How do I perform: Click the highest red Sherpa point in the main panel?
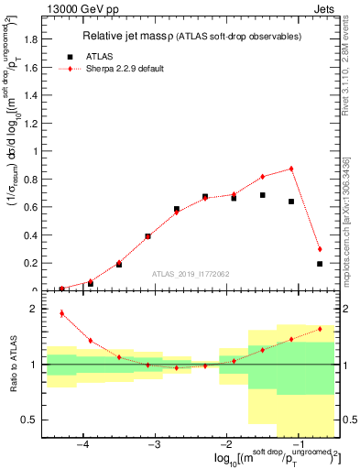291,169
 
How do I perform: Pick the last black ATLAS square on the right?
320,264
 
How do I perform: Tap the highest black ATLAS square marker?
263,195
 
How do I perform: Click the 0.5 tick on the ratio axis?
32,420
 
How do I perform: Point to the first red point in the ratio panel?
62,313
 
